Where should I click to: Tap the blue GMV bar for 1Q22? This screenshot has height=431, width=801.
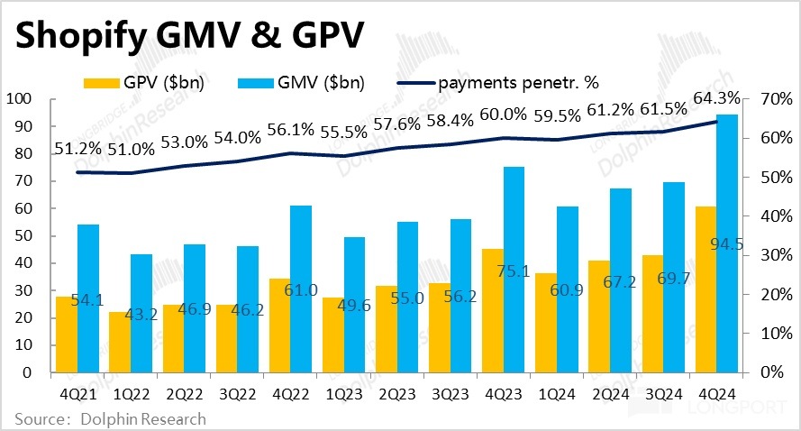click(x=141, y=313)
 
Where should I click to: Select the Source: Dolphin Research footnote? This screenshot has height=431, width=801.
click(x=109, y=418)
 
